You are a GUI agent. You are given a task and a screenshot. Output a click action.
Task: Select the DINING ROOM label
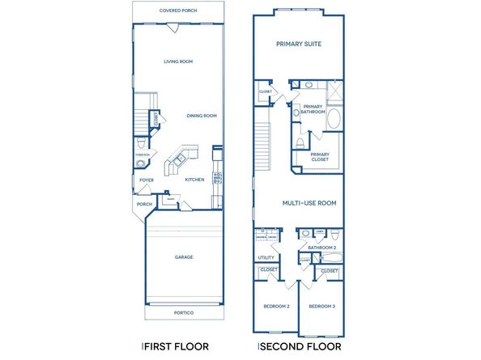tap(202, 116)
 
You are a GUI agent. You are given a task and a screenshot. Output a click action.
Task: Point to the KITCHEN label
tap(194, 180)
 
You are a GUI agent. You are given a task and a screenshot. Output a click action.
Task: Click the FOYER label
tap(147, 180)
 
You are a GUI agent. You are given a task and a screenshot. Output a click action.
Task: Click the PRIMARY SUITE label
tap(299, 44)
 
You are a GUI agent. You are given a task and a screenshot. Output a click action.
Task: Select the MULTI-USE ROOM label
tap(309, 203)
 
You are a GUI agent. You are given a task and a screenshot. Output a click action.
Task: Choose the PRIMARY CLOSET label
tap(320, 156)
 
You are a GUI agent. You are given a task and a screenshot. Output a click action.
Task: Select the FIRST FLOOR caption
tap(176, 346)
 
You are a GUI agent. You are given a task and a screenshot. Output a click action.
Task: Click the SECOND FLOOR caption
tap(299, 346)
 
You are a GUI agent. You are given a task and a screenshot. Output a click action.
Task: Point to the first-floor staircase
tap(144, 122)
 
